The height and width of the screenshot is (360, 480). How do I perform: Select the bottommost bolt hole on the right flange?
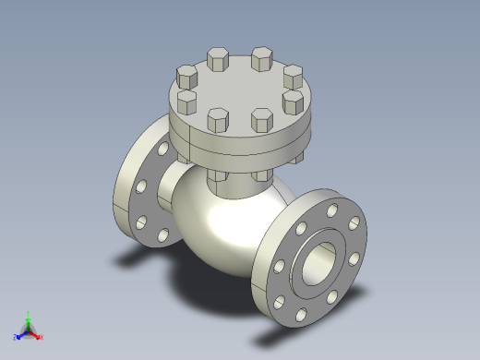point(302,314)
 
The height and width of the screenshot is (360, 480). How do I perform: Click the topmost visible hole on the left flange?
point(164,146)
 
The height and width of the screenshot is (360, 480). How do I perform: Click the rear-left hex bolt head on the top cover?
point(219,60)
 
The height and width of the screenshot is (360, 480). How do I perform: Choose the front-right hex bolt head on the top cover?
point(261,120)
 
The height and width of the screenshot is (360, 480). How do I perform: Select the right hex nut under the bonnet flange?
point(261,175)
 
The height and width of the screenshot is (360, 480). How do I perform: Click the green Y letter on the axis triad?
point(30,314)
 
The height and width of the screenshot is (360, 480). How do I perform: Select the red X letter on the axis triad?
point(42,337)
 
